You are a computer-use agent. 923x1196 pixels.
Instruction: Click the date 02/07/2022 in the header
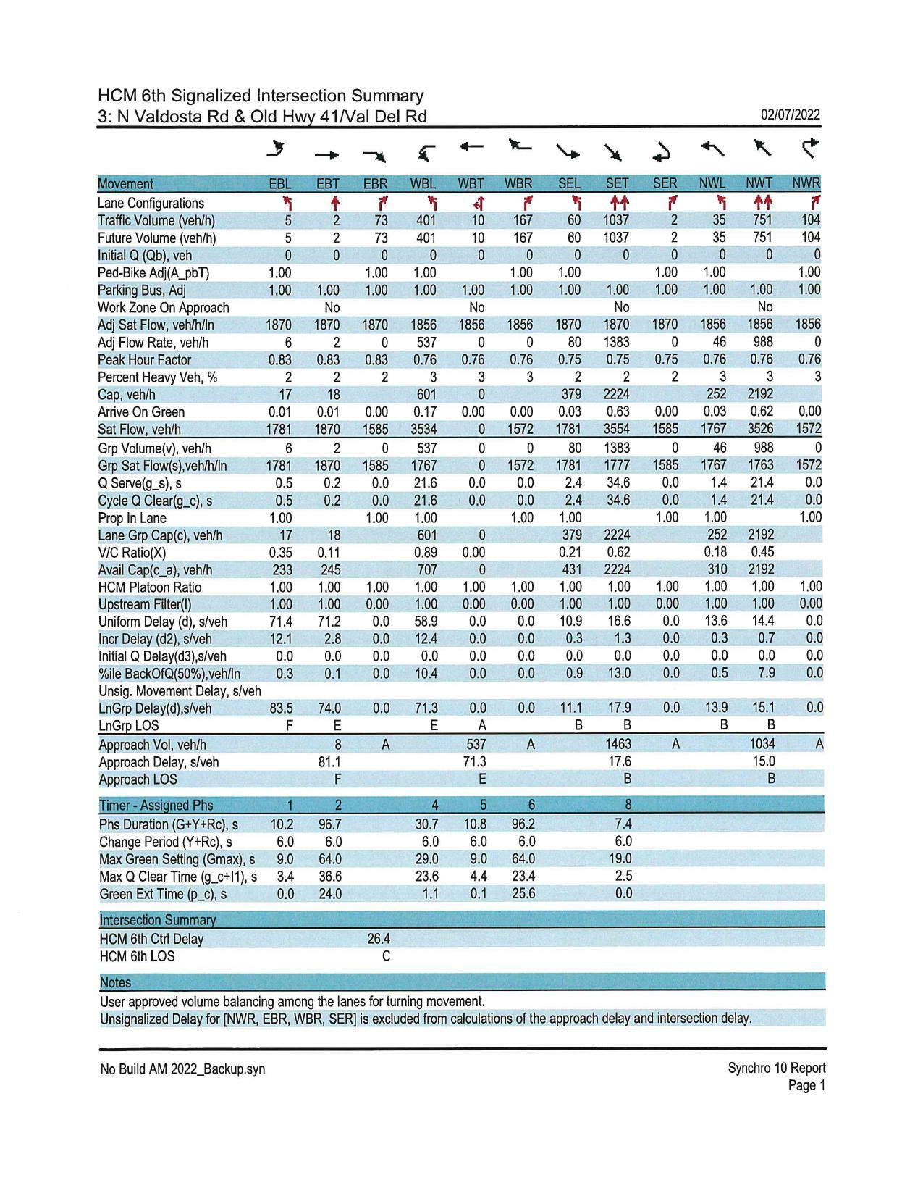(791, 115)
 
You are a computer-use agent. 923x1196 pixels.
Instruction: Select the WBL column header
(424, 184)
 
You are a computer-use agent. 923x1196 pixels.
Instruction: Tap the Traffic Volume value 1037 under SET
(618, 220)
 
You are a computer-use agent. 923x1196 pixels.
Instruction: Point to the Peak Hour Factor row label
(145, 360)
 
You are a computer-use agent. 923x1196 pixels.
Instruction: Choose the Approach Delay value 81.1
(330, 762)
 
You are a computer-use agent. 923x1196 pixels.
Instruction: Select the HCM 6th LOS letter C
(386, 956)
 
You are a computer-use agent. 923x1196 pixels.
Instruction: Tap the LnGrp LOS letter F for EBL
(288, 725)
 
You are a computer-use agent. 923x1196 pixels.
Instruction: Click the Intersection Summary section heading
(157, 920)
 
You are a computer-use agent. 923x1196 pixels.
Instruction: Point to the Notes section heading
(115, 983)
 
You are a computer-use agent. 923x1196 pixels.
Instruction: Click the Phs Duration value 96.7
(330, 824)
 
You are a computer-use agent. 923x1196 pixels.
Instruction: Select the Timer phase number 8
(627, 805)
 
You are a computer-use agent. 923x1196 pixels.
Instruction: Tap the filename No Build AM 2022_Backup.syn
(182, 1069)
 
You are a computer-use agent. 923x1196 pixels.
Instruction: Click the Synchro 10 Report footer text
(776, 1068)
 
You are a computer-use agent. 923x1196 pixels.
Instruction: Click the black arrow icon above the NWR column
(810, 149)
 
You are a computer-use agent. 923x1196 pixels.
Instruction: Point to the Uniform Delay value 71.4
(279, 622)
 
